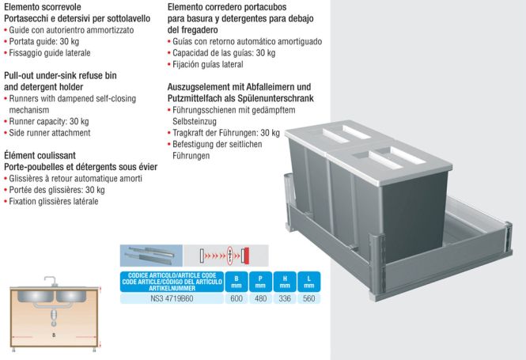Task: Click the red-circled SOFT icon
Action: click(x=230, y=256)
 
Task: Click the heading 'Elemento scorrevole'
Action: click(x=42, y=7)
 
